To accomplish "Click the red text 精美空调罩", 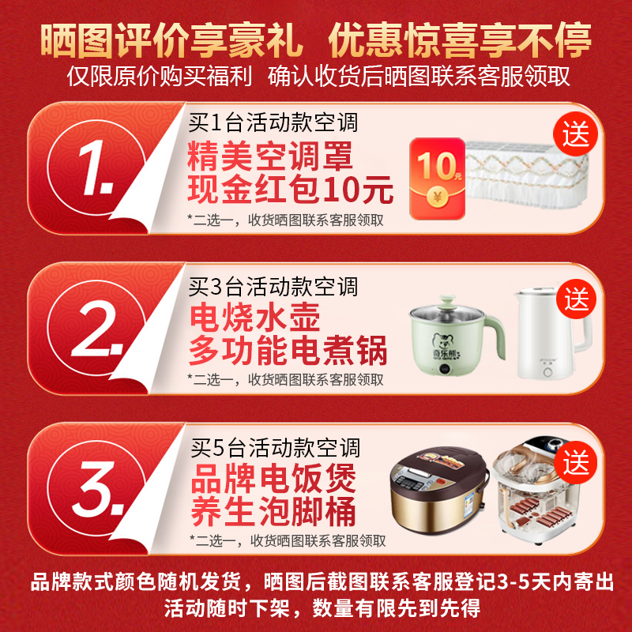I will (x=269, y=156).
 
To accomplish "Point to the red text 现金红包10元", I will (x=290, y=190).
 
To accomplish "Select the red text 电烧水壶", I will (x=254, y=318).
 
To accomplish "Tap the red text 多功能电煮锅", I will (x=288, y=352).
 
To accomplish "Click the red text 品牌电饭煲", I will (x=273, y=480).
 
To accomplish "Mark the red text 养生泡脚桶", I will (x=273, y=513).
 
